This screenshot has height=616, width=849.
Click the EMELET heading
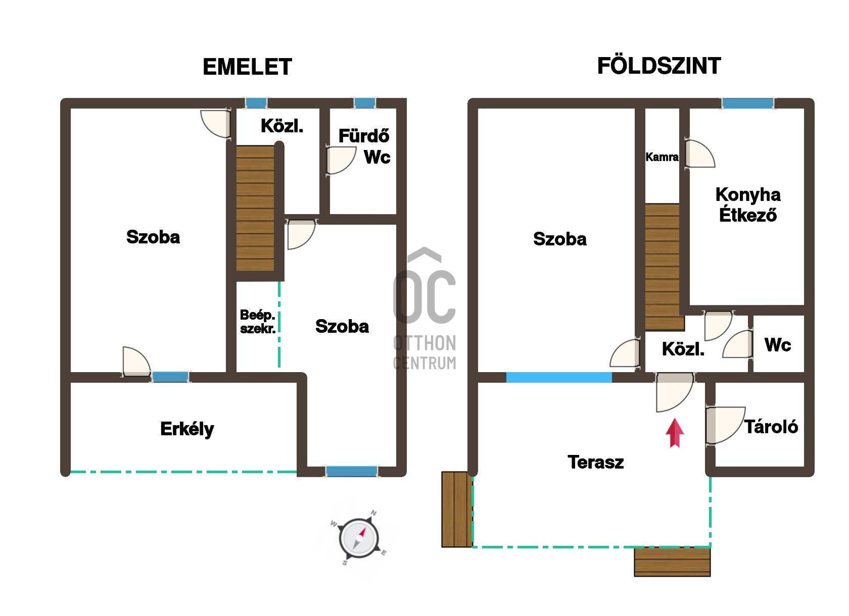pos(248,67)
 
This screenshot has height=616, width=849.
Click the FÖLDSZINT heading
pos(659,66)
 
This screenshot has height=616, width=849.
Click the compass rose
pos(358,538)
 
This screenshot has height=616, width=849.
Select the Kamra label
pos(662,157)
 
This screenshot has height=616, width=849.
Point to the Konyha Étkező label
pos(748,204)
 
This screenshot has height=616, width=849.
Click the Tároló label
pos(771,427)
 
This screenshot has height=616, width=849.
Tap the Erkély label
pos(187,429)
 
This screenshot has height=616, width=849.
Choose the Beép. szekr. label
pos(257,322)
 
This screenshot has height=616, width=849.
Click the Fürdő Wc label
pos(364,146)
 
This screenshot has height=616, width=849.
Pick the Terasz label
pos(595,462)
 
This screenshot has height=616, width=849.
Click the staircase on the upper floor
pos(255,208)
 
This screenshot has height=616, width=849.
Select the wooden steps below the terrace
pos(672,562)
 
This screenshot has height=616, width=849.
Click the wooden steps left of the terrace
pos(457,509)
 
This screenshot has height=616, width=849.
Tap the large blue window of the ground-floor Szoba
pos(559,378)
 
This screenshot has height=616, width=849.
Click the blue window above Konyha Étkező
pos(747,104)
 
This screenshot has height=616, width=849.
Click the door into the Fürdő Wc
pos(341,160)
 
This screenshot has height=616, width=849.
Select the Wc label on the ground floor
pos(778,345)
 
